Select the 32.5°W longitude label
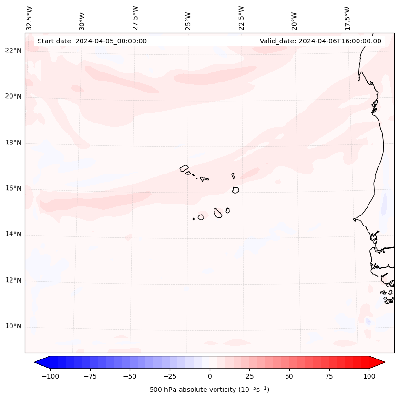pyautogui.click(x=30, y=18)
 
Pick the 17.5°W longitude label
pyautogui.click(x=348, y=18)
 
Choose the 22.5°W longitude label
pyautogui.click(x=241, y=18)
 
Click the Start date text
pyautogui.click(x=92, y=41)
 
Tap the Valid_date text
pyautogui.click(x=320, y=41)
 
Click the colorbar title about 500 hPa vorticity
pyautogui.click(x=209, y=390)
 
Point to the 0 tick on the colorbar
pyautogui.click(x=209, y=376)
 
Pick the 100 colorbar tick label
pyautogui.click(x=369, y=376)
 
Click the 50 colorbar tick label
pyautogui.click(x=289, y=376)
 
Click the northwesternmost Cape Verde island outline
pyautogui.click(x=184, y=168)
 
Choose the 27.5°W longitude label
pyautogui.click(x=135, y=18)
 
